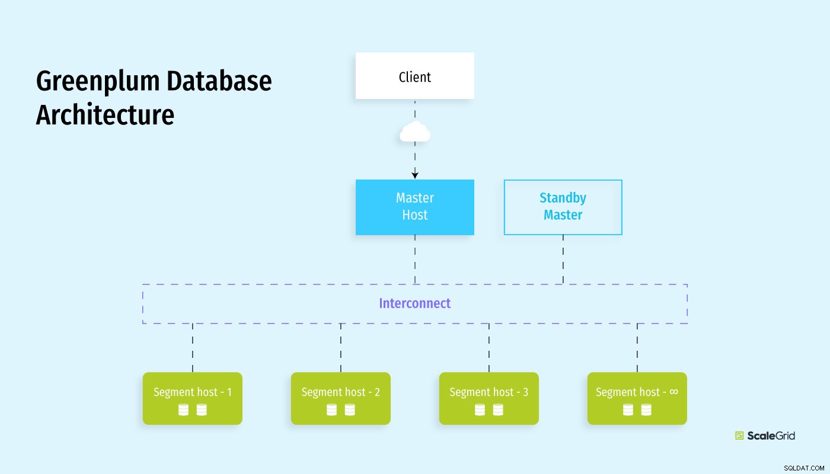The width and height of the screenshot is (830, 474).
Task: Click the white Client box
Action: point(414,76)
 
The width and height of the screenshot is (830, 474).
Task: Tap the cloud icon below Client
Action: point(415,131)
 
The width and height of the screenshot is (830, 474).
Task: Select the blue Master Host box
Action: point(414,207)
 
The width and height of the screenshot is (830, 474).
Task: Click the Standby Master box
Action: point(563,207)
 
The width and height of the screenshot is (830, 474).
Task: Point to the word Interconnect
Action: point(414,303)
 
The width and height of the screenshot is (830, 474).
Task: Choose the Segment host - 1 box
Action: point(192,398)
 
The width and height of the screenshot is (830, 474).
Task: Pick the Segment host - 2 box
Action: point(340,398)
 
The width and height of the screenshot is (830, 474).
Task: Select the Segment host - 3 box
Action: point(489,398)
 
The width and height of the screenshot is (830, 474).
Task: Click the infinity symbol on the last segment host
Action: point(674,392)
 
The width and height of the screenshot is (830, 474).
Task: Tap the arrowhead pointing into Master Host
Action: point(415,175)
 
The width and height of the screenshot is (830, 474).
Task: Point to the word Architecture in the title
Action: point(105,114)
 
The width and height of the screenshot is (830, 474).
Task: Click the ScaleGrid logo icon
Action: point(739,435)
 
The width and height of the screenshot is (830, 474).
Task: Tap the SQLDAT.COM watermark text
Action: point(804,468)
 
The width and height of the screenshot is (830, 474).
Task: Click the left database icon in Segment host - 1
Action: point(183,410)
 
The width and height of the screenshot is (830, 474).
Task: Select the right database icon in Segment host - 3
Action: point(498,410)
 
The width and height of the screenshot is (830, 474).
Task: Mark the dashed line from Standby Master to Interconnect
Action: point(563,260)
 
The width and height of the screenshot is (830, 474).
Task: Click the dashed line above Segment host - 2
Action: point(341,348)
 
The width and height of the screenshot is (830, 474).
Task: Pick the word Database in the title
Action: point(219,81)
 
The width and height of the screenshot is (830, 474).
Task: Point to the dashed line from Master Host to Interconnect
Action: point(415,260)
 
